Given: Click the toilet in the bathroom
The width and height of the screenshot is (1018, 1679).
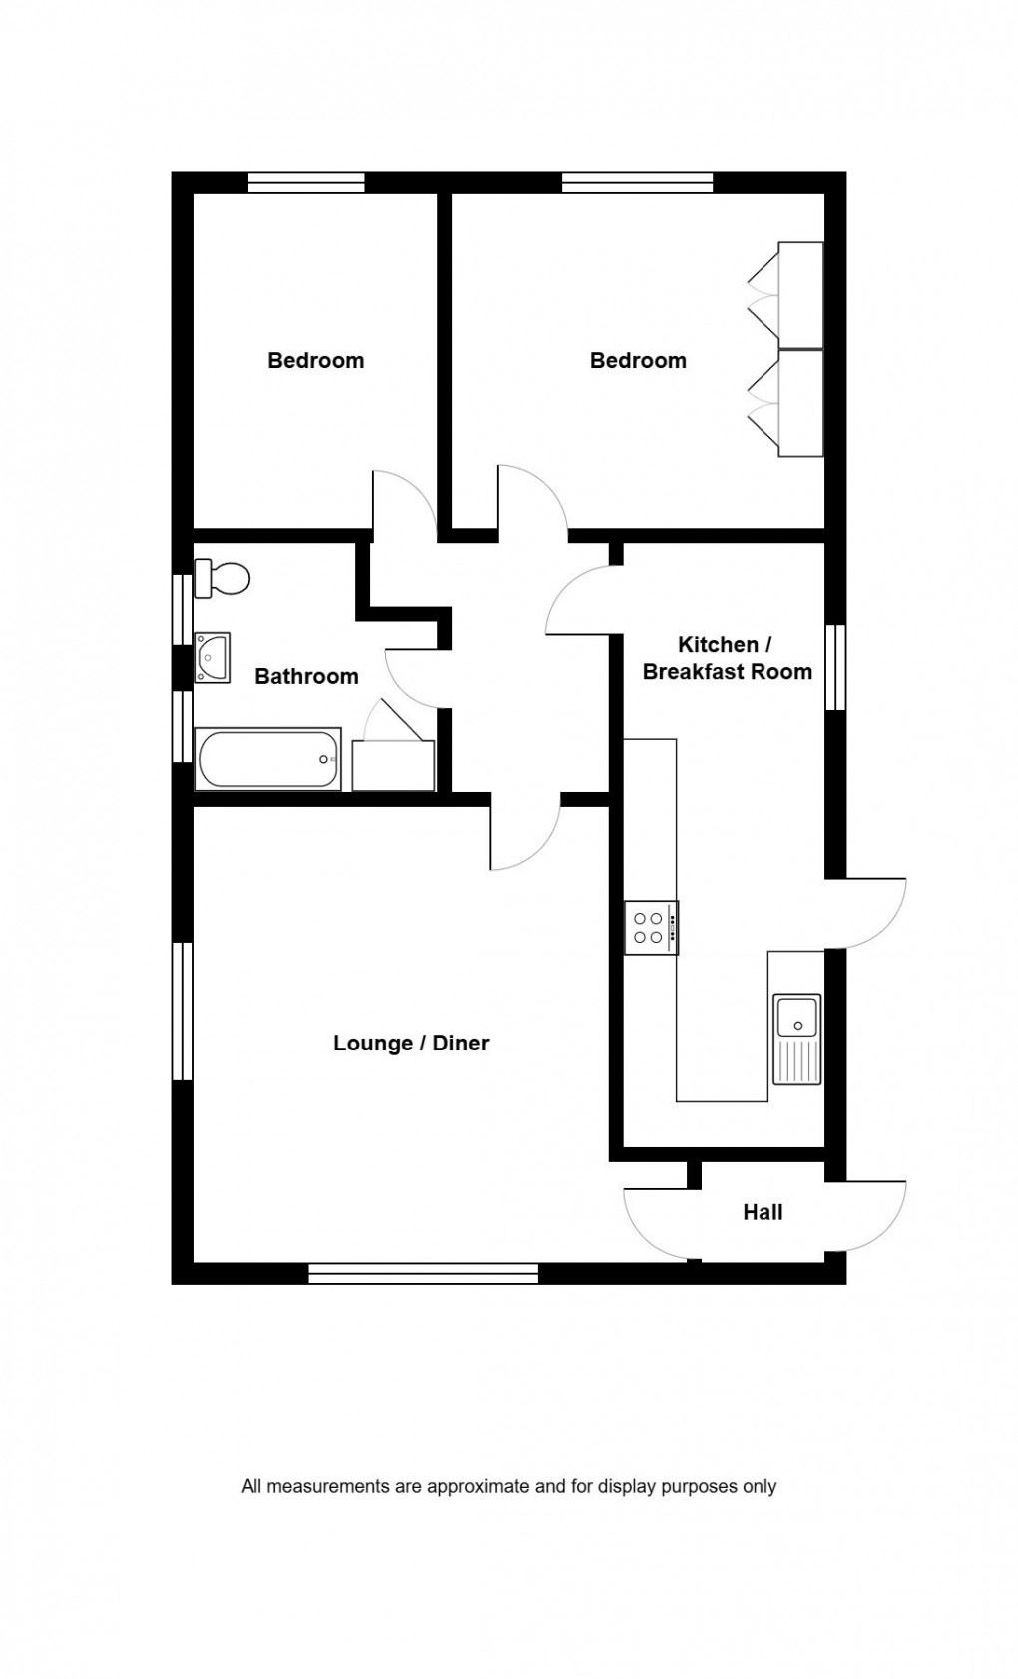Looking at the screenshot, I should pos(222,578).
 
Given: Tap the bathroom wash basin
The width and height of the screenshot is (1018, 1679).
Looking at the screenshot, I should pos(212,657).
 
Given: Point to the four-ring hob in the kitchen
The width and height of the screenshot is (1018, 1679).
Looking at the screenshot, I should pos(651,928).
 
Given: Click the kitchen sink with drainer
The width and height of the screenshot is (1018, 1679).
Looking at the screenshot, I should pos(796,1039).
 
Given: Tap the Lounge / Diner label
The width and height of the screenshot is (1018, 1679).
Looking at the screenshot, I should pos(411,1044).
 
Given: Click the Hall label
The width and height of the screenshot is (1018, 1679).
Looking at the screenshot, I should pos(763,1213).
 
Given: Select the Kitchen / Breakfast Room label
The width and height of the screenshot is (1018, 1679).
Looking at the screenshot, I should pos(727,658).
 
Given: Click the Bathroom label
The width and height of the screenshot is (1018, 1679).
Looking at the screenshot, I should pos(306,677).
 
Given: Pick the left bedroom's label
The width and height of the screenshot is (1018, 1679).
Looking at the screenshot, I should pos(315,361).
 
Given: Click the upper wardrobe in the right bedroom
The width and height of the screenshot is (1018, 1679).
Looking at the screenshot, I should pos(800,295).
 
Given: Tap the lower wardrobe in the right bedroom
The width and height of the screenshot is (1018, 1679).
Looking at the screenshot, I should pos(800,403).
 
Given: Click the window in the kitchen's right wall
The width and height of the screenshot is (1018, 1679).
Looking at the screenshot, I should pos(835,667).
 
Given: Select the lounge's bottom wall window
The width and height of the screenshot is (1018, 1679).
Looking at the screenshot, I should pos(423,1273).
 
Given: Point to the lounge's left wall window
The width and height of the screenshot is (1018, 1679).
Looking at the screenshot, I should pos(182,1012).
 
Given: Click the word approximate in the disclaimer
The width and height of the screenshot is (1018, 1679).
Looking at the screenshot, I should pos(477,1486).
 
